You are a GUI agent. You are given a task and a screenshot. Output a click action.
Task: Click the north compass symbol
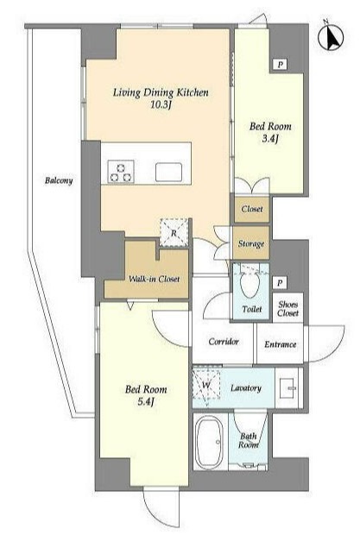(x=331, y=37)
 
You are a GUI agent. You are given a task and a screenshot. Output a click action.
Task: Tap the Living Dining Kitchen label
(x=161, y=92)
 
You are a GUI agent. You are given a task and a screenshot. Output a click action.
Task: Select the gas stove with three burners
(x=121, y=172)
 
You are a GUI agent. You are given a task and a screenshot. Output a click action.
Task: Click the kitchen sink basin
(x=168, y=172)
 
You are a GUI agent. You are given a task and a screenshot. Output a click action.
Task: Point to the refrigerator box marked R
(x=174, y=233)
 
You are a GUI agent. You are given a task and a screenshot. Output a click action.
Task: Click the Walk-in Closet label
(x=154, y=279)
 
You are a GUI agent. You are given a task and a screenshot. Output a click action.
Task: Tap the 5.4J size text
(x=146, y=401)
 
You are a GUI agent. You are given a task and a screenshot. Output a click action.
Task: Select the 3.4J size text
(x=270, y=139)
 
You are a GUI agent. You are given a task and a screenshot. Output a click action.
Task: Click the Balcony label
(x=59, y=180)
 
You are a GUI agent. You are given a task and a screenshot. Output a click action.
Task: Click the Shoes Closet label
(x=287, y=309)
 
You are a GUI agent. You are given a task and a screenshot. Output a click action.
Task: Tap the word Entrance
(x=281, y=344)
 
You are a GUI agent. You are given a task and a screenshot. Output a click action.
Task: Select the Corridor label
(x=224, y=341)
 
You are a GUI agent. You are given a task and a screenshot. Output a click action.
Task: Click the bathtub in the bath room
(x=209, y=442)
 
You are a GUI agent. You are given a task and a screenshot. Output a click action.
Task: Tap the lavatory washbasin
(x=288, y=388)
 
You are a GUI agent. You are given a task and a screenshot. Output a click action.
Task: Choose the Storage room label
(x=251, y=243)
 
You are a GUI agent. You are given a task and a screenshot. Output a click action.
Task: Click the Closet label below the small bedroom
(x=252, y=209)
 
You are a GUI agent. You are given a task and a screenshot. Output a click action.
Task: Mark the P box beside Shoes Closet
(x=280, y=283)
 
